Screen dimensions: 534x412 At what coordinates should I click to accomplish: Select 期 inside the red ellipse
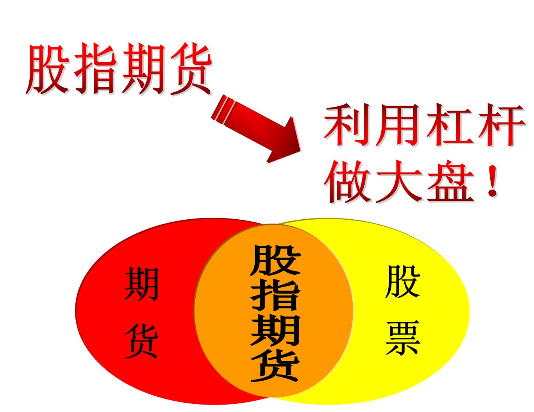point(141,283)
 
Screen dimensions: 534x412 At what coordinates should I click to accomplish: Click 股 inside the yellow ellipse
point(402,281)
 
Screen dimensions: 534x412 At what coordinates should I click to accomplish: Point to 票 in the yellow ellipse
point(402,338)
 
